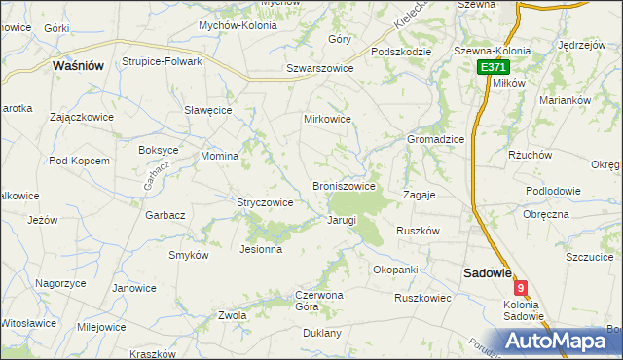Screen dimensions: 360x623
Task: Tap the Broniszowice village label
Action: pos(344,186)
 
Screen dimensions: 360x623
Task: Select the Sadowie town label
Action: pos(487,273)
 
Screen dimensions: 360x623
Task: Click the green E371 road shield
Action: pos(492,67)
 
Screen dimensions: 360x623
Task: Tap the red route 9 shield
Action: pos(523,288)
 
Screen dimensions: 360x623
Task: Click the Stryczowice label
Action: pos(265,202)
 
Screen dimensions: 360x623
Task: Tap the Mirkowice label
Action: pos(327,119)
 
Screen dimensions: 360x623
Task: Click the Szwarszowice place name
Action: pos(319,69)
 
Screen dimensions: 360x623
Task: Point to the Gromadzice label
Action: pos(435,139)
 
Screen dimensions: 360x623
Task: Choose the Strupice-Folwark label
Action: pos(162,61)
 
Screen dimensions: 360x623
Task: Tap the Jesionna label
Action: pos(261,249)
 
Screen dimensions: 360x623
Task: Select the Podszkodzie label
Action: pos(401,52)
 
